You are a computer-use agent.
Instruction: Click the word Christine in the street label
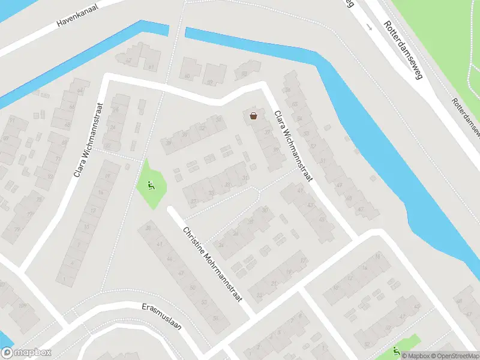(196, 241)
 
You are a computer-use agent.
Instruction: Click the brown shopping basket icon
(254, 116)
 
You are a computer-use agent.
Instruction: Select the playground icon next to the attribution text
(395, 351)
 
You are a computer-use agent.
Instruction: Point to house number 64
(80, 91)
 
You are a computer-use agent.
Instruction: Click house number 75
(40, 200)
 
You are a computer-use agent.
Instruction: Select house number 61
(151, 67)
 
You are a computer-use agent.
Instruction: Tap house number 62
(127, 61)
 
